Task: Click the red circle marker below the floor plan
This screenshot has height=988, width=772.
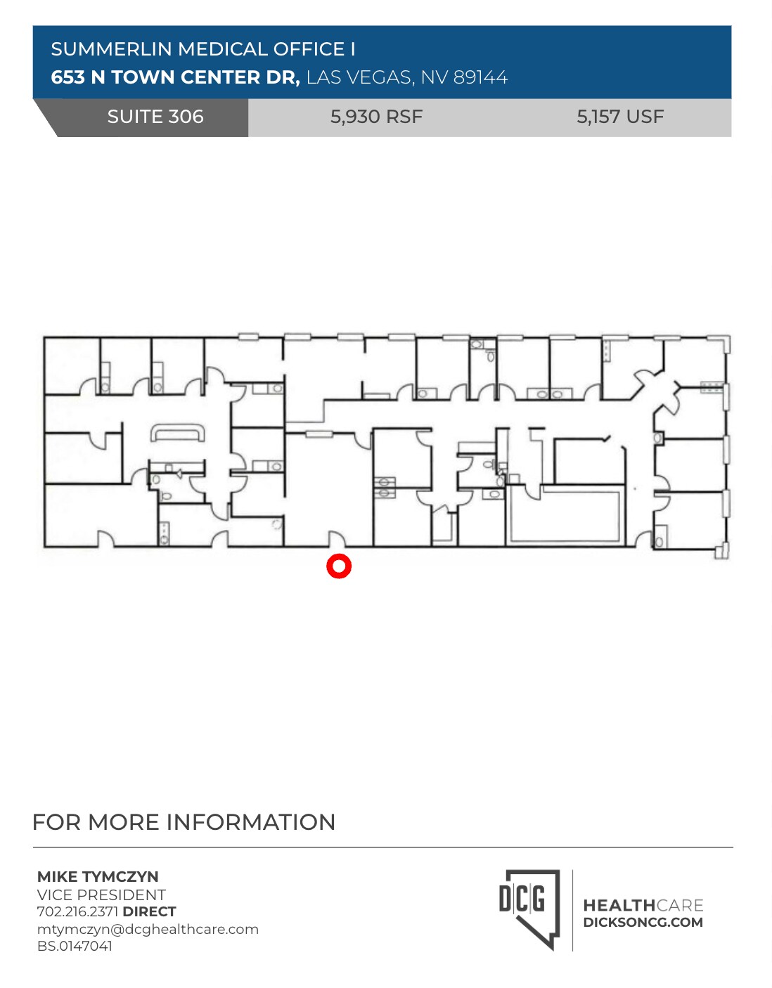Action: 339,566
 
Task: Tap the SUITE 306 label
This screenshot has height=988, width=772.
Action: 155,117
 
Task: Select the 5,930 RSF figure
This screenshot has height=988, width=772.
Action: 376,117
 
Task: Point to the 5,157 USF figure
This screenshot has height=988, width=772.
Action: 620,117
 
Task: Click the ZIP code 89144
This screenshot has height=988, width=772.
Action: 480,77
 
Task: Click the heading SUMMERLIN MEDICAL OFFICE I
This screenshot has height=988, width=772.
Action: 203,49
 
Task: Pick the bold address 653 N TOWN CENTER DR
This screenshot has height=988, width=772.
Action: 175,77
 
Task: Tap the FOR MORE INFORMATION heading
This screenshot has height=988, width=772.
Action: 184,822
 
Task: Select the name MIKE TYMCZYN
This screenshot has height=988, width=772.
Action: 98,876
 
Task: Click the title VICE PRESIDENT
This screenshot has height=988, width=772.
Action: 101,895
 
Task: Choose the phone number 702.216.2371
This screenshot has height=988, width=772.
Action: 77,911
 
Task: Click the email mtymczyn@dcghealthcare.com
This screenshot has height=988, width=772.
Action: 148,929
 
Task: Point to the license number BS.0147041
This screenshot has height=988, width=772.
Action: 75,946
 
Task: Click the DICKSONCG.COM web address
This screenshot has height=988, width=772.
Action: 643,923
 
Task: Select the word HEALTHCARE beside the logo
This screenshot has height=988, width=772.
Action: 643,905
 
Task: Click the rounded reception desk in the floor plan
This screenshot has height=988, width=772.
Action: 177,434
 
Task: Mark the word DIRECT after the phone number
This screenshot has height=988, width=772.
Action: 149,911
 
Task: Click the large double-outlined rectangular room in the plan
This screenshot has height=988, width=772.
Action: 566,515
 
